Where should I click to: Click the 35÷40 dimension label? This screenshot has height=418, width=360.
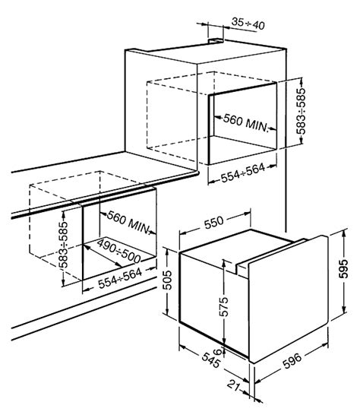coord(248,24)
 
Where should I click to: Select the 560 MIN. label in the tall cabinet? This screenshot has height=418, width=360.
coord(245,123)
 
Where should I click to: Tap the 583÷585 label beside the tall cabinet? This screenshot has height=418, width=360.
coord(301,111)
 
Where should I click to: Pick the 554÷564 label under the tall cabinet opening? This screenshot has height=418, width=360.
coord(243,173)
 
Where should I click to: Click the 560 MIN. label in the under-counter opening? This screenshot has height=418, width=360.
coord(128,223)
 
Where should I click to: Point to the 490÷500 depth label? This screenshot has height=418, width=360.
coord(118,251)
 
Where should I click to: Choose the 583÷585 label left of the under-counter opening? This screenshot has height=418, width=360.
coord(64,245)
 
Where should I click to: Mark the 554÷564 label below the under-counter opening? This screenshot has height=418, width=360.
coord(120,278)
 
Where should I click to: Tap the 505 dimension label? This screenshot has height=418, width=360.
coord(168,280)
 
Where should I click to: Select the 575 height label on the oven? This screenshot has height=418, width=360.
coord(224,306)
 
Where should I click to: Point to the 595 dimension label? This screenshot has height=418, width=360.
coord(343,268)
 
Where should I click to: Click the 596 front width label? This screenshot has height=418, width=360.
coord(292,361)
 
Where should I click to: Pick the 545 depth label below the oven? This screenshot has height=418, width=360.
coord(211,360)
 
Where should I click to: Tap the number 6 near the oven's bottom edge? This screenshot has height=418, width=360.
coord(218,352)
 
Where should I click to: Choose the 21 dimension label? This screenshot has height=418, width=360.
coord(234,385)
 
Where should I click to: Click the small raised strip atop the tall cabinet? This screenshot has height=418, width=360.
coord(216,40)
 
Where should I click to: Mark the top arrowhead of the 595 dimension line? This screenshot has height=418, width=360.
coord(344,233)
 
